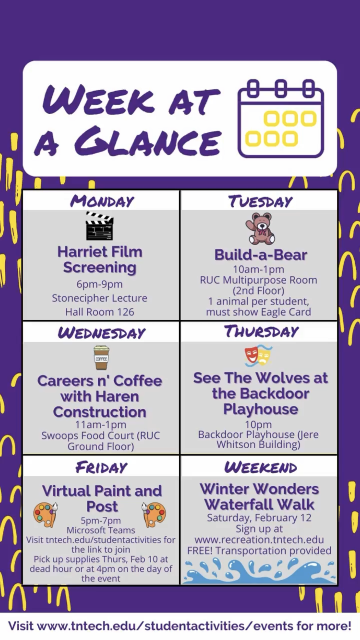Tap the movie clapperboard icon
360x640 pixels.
99,225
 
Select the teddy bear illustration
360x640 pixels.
260,228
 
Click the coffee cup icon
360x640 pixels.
101,358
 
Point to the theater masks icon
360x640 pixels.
259,356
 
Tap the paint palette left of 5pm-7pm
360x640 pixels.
46,515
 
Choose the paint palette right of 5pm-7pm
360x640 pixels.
154,515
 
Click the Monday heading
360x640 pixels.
102,201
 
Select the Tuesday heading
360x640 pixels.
261,201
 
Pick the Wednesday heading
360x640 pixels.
101,333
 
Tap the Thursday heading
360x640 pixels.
261,332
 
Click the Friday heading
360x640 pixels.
101,467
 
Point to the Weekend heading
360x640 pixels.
261,467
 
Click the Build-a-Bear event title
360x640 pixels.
261,255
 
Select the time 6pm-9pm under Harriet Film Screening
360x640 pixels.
99,284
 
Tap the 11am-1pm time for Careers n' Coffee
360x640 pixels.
100,425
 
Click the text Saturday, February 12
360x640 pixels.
259,518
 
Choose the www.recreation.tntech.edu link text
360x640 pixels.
259,540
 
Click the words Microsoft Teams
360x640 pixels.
101,530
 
